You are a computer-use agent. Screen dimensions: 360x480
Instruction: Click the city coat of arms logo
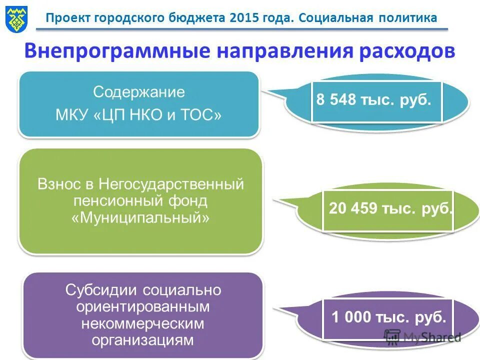pos(14,18)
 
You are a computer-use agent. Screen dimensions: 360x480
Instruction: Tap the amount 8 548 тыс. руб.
pos(373,100)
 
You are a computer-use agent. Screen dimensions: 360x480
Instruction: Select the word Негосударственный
pos(171,184)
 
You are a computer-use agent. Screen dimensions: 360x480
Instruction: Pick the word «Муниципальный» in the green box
pos(140,218)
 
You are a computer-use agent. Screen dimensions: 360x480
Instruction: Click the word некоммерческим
pos(143,323)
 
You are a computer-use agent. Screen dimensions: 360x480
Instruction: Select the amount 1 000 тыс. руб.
pos(388,317)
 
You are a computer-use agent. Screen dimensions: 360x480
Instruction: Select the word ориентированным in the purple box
pos(143,306)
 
